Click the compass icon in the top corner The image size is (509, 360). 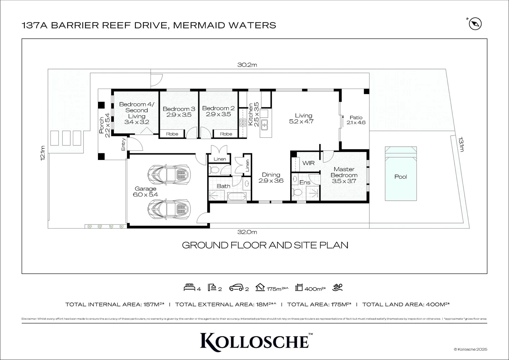[475, 24]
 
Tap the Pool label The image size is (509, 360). [400, 177]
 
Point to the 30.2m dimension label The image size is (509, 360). [247, 65]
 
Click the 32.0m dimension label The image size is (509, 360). [247, 232]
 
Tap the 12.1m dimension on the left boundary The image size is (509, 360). [42, 153]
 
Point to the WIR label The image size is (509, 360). [308, 163]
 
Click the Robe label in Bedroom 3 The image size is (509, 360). [172, 134]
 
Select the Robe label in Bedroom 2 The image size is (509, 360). [226, 134]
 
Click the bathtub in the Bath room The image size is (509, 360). [238, 197]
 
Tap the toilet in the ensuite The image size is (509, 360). [296, 193]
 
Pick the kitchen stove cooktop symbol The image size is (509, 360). [242, 123]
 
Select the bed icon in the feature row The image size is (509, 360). [189, 287]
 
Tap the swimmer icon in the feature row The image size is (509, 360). [339, 287]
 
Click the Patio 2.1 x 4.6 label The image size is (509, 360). [356, 120]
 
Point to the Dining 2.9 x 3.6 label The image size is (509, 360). [271, 178]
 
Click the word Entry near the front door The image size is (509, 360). [124, 144]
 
